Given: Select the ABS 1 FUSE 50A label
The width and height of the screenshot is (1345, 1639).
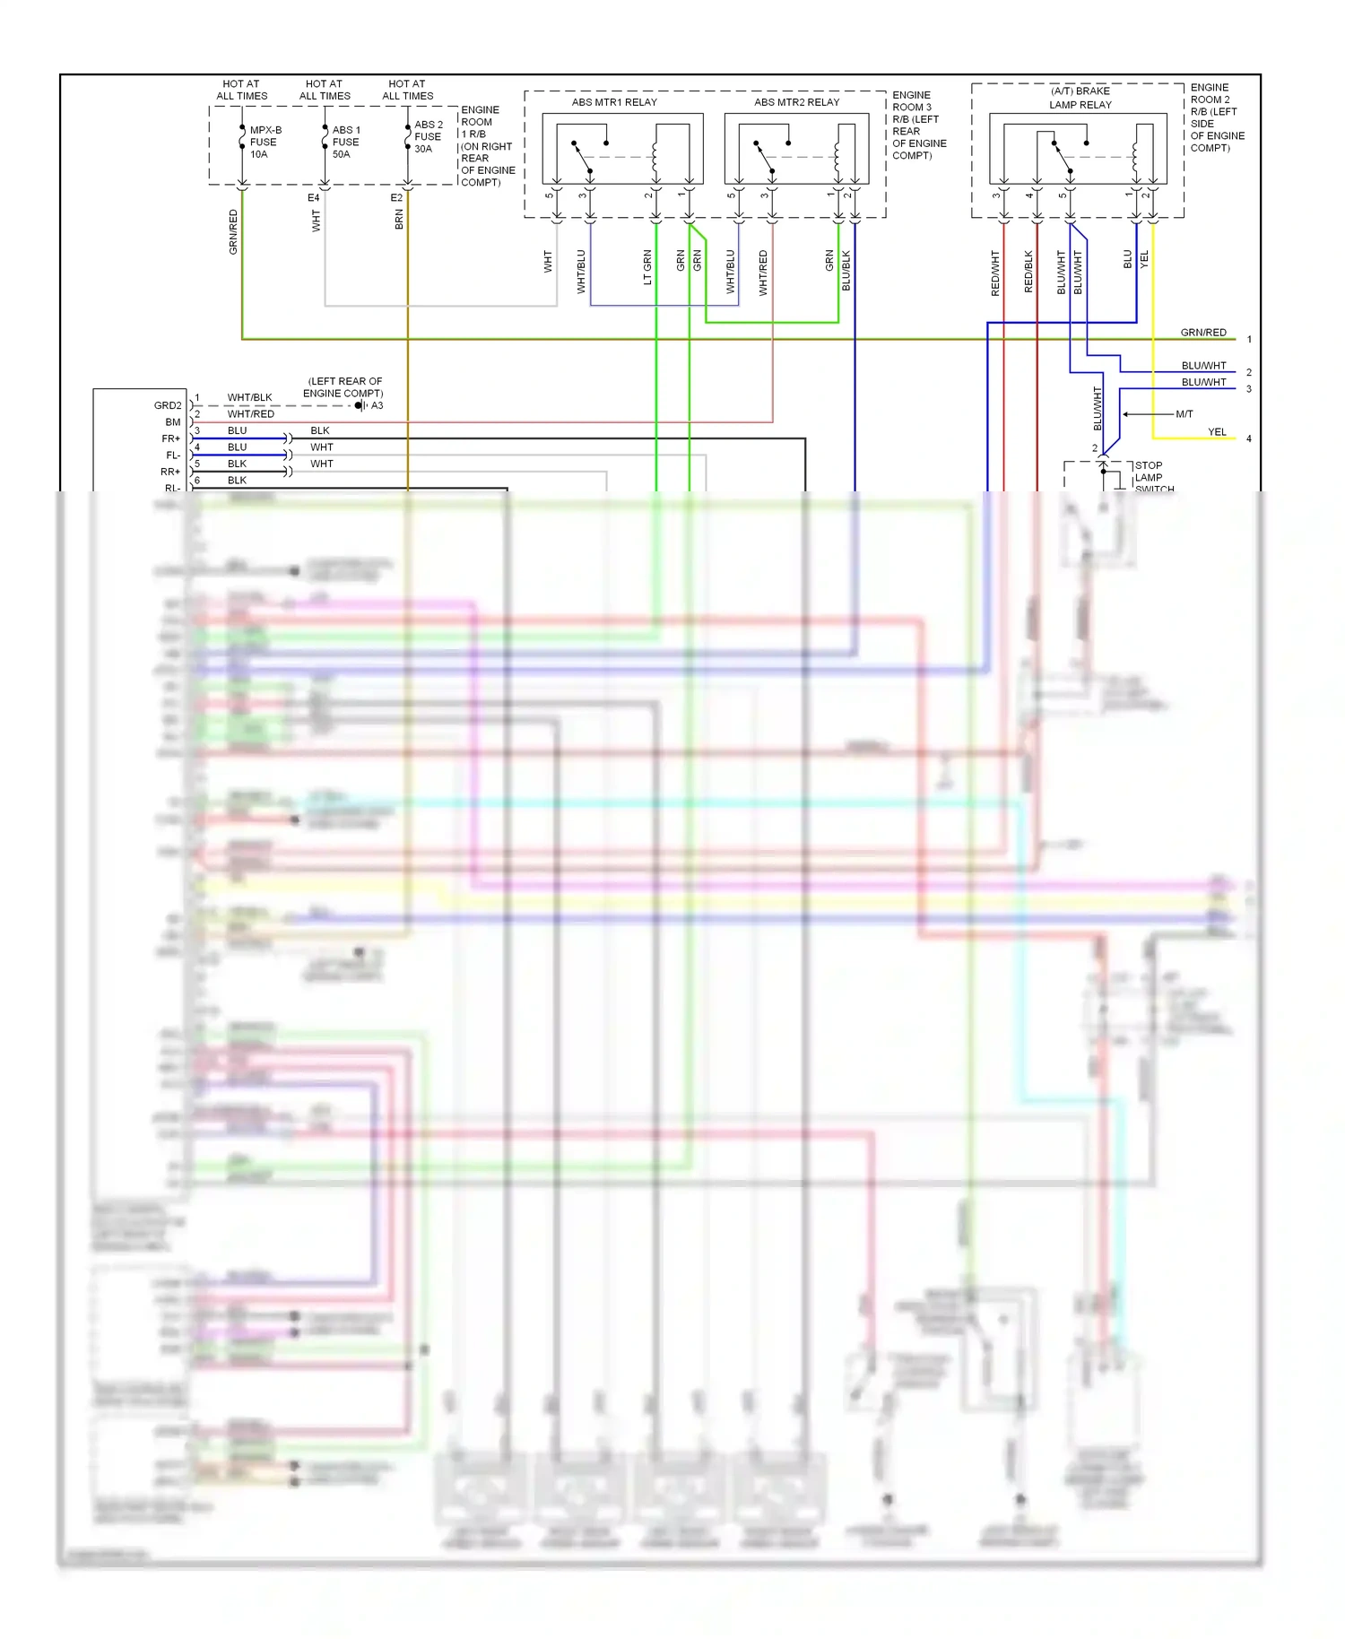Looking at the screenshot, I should [345, 142].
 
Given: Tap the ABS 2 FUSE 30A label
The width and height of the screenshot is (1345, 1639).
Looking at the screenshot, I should [428, 136].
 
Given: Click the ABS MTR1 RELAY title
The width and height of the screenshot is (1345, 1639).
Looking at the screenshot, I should [614, 102].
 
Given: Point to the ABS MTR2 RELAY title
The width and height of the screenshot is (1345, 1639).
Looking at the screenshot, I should [796, 102].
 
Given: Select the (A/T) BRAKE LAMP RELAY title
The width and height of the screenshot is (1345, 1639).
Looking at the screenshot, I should [1080, 98].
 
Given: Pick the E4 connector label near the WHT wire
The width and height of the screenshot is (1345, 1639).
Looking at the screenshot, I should [313, 197].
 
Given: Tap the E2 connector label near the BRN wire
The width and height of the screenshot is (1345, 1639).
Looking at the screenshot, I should [396, 197].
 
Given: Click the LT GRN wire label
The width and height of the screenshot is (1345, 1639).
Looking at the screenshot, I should [647, 267].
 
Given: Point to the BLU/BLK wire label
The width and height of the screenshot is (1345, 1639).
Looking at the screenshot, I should [846, 270].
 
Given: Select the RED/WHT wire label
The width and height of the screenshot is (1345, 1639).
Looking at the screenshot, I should [995, 273].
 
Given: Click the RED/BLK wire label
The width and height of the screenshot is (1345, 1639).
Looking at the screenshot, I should [1028, 271].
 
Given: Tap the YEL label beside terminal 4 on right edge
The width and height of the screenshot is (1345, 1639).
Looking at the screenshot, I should [1216, 432].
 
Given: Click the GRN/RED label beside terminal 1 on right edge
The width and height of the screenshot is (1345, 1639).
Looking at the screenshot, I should [1202, 333].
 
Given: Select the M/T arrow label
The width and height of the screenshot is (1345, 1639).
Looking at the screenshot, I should [1184, 414].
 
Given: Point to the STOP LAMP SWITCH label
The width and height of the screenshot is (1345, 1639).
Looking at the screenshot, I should [1152, 477].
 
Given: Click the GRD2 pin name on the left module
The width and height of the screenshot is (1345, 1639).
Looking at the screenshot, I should [168, 405].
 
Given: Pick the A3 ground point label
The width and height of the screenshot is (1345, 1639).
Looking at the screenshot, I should [377, 405].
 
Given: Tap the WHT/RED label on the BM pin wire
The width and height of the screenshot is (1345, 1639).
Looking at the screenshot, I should [250, 414].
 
